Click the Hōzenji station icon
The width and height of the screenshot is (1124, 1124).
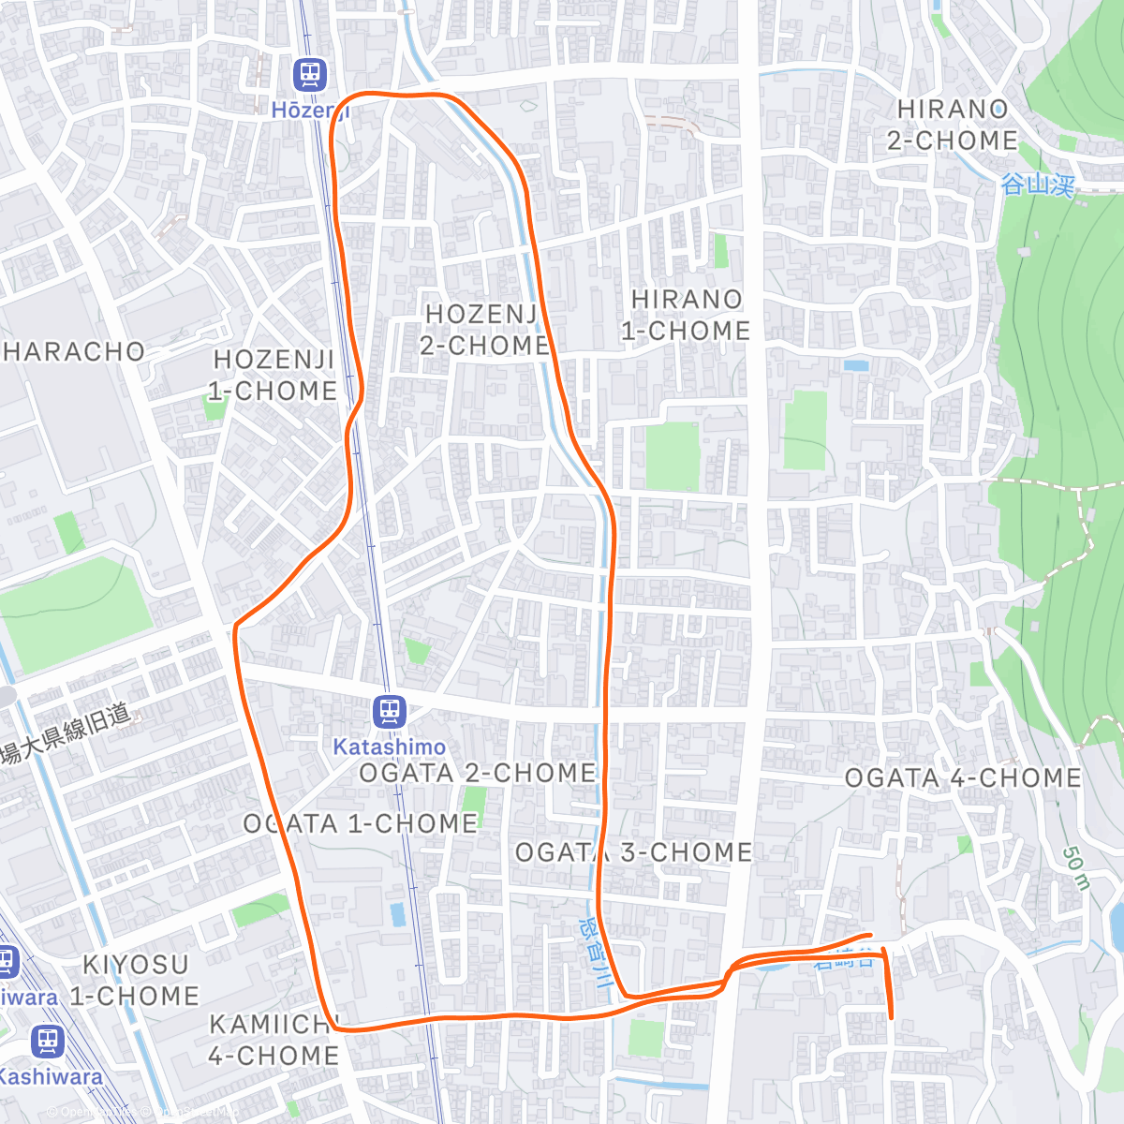(x=309, y=73)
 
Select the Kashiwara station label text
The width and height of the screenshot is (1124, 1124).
(x=50, y=1077)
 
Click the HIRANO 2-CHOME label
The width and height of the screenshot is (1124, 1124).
(x=953, y=125)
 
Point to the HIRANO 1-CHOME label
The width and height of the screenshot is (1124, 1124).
(x=687, y=315)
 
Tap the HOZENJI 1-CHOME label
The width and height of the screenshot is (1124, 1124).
(x=273, y=375)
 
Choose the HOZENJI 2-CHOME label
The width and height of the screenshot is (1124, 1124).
(x=484, y=329)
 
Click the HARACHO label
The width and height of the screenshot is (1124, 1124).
(x=74, y=352)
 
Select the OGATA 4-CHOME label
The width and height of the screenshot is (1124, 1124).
(x=963, y=777)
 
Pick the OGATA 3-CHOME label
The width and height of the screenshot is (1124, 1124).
(x=634, y=852)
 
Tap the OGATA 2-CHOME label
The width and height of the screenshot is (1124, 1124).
(x=478, y=773)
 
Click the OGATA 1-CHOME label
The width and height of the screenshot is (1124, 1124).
(x=361, y=823)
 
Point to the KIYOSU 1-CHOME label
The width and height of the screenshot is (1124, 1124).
(x=135, y=980)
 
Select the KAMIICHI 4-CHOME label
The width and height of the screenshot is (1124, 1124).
(x=273, y=1040)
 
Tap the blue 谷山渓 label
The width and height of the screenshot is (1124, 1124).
(x=1037, y=185)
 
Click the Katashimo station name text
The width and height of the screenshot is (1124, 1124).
(x=389, y=747)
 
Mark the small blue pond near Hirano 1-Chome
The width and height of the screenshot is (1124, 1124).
(x=855, y=365)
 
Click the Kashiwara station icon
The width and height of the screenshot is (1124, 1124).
(x=47, y=1040)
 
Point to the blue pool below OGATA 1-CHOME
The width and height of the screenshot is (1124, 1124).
(x=397, y=914)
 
